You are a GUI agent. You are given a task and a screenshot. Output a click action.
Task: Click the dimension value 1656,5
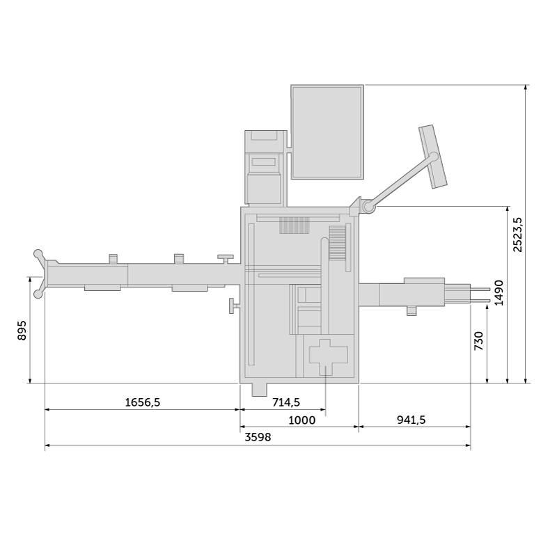pyautogui.click(x=143, y=402)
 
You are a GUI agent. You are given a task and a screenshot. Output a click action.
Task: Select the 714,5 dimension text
pyautogui.click(x=286, y=402)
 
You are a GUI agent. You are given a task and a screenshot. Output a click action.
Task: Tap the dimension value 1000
pyautogui.click(x=301, y=420)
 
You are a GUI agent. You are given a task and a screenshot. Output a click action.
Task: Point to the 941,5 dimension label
pyautogui.click(x=411, y=420)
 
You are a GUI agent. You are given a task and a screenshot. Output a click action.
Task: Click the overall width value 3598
pyautogui.click(x=258, y=437)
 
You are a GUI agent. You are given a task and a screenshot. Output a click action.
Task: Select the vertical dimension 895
pyautogui.click(x=22, y=331)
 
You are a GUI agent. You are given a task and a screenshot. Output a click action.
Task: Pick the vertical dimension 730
pyautogui.click(x=479, y=341)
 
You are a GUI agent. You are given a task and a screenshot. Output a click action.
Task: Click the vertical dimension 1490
pyautogui.click(x=499, y=292)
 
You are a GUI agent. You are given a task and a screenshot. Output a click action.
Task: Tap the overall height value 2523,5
pyautogui.click(x=518, y=235)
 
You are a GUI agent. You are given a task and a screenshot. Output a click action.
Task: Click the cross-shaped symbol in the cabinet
pyautogui.click(x=328, y=357)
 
